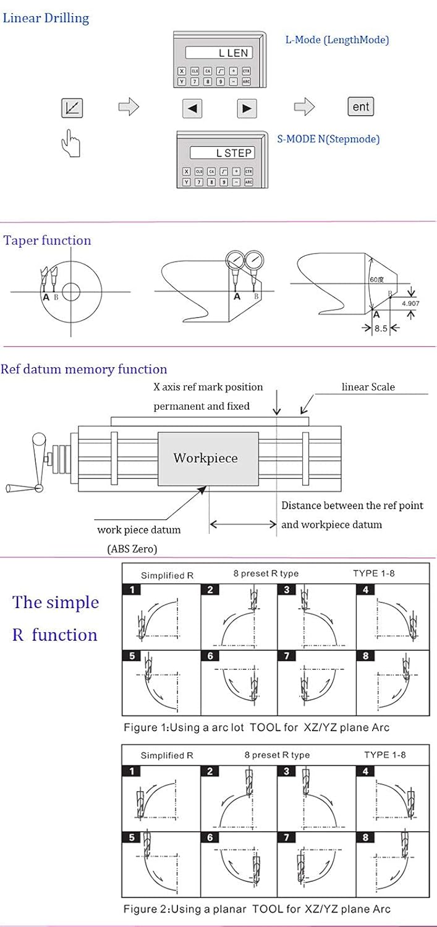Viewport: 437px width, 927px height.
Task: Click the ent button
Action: click(360, 107)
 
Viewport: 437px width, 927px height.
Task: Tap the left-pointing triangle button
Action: click(192, 109)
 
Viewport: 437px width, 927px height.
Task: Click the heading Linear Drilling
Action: click(46, 18)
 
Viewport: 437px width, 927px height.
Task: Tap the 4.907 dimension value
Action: click(410, 303)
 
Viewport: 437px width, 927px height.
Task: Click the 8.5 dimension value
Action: click(381, 329)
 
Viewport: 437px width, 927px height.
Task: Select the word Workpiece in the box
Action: click(205, 458)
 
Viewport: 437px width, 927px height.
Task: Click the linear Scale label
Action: click(368, 387)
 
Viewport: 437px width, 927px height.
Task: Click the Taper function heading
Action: click(48, 240)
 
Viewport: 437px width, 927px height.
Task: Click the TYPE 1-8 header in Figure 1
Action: click(374, 573)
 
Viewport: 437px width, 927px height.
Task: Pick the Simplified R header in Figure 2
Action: click(167, 755)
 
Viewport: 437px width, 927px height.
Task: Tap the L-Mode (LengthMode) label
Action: click(337, 40)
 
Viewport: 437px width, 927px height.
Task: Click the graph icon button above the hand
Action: click(72, 108)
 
